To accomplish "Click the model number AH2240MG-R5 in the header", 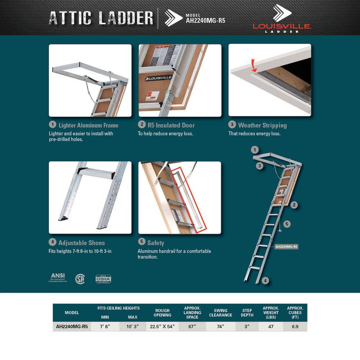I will (x=205, y=21).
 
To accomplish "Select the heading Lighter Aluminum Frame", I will (x=88, y=125).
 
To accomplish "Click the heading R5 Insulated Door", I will (x=171, y=125).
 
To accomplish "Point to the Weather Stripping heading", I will (x=262, y=125).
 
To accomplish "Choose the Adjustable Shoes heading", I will (x=82, y=243).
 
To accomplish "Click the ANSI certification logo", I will (x=58, y=278).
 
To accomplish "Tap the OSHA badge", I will (x=103, y=279).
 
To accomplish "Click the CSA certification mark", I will (x=80, y=279).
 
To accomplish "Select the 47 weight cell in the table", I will (x=271, y=327).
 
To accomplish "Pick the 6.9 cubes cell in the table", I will (x=295, y=327).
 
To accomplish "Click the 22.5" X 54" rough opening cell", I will (x=162, y=327).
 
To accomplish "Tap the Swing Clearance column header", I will (x=221, y=313).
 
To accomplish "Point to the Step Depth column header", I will (x=247, y=313).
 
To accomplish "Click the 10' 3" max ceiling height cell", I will (x=133, y=327).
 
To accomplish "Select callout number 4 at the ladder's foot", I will (x=265, y=281).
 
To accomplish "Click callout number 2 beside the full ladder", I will (x=294, y=205).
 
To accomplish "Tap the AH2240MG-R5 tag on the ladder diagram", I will (x=286, y=247).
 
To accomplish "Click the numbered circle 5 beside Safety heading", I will (x=142, y=242).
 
